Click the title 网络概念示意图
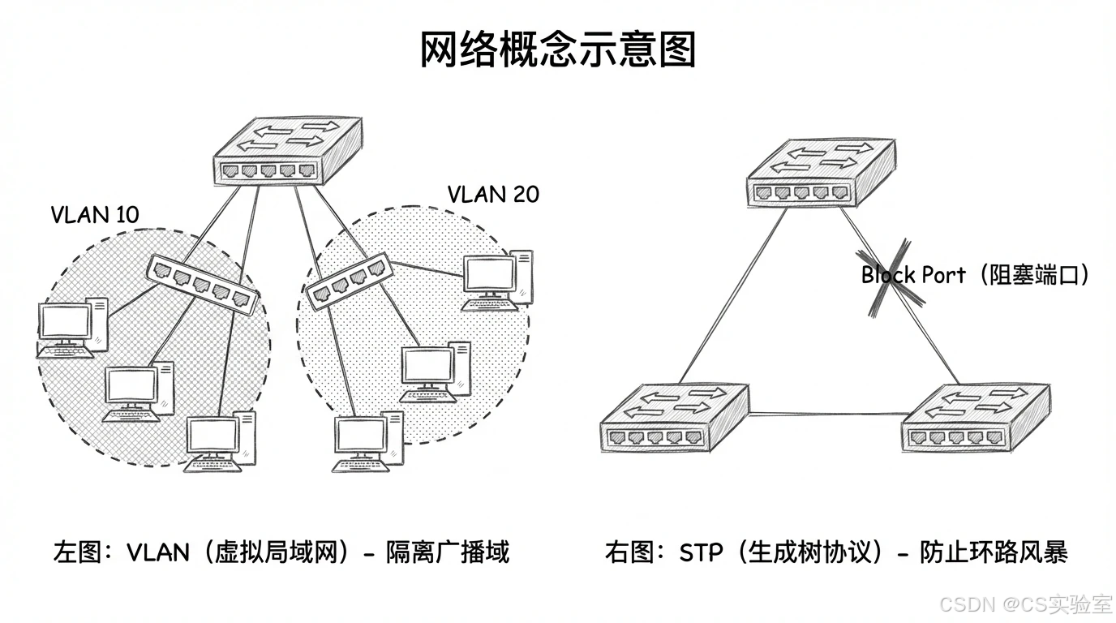click(558, 50)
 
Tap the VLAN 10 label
click(95, 215)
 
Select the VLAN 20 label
click(493, 195)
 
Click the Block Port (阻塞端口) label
click(975, 275)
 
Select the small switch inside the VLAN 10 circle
click(203, 284)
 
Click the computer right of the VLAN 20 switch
click(497, 281)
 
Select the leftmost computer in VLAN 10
click(71, 329)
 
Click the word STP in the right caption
click(702, 553)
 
